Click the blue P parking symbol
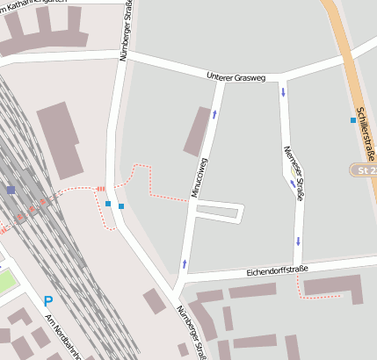click(x=48, y=300)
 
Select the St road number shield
click(x=363, y=169)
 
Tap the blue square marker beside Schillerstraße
click(x=353, y=120)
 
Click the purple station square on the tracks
click(x=11, y=189)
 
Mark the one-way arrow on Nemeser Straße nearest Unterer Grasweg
click(x=284, y=91)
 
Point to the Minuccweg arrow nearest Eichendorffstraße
click(x=185, y=263)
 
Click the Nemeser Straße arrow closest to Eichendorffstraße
click(x=298, y=241)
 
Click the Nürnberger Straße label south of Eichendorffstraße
click(x=192, y=332)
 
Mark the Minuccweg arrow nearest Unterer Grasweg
click(x=214, y=113)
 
